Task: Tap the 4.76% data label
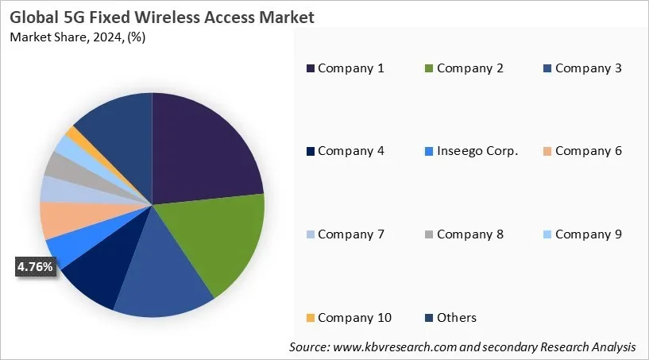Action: pos(35,267)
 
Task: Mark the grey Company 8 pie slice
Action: pos(58,165)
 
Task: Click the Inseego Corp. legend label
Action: pos(477,151)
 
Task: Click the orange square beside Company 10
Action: pos(310,318)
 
